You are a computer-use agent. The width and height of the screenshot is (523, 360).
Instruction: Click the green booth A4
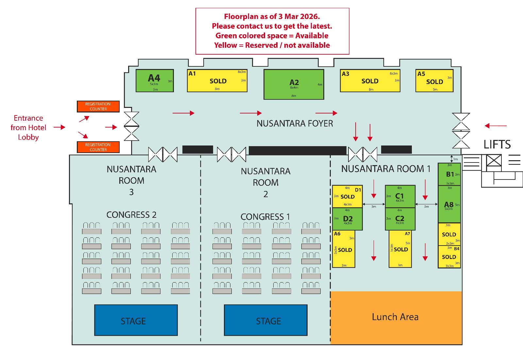point(154,80)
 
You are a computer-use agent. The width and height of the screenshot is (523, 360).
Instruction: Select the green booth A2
point(294,84)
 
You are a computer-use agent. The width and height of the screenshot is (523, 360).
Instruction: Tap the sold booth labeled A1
point(217,81)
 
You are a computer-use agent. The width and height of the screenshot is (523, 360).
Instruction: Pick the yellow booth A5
point(434,81)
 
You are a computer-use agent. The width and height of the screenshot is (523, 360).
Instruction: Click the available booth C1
point(400,197)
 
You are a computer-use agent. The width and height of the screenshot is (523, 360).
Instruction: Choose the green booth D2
point(347,219)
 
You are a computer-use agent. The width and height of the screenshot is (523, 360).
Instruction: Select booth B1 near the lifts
point(449,174)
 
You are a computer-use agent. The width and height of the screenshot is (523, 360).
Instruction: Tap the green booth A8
point(449,204)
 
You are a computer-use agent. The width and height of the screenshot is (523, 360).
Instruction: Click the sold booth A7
point(400,249)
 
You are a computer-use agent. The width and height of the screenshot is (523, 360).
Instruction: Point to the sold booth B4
point(449,257)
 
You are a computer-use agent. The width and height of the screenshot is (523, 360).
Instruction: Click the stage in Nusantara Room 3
point(136,320)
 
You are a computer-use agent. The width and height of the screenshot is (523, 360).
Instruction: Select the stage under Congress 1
point(265,320)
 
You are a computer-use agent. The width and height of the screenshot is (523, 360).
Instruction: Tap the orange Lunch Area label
point(395,317)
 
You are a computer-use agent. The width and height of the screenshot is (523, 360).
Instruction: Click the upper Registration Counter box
point(98,106)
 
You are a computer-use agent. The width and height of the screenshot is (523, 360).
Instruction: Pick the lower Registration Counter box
point(98,147)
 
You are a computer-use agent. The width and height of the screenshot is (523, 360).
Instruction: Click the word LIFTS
point(497,144)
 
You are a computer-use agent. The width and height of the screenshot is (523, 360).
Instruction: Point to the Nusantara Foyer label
point(295,123)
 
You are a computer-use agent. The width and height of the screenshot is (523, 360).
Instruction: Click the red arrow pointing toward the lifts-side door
point(496,126)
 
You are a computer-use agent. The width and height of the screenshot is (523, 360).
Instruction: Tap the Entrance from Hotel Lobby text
point(28,128)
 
